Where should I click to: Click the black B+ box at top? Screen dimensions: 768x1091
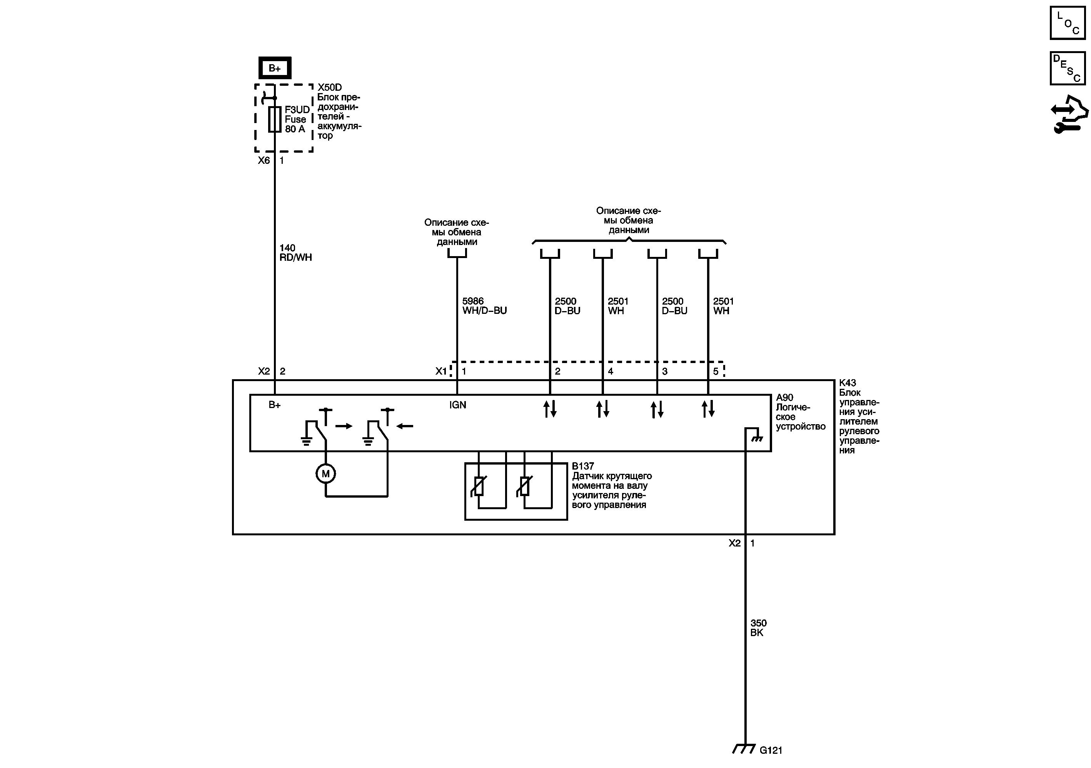275,68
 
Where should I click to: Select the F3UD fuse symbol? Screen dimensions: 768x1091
275,119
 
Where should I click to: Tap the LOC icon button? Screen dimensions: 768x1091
1067,22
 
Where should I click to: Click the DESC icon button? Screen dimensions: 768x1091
1067,68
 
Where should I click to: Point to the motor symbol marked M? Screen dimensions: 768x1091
325,473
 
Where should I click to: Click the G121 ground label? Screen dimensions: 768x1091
771,750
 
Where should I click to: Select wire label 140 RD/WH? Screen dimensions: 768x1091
295,253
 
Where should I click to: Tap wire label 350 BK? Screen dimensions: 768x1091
758,628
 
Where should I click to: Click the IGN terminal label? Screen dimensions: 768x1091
457,405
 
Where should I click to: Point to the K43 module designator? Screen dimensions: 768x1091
847,383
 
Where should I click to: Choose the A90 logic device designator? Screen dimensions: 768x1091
784,398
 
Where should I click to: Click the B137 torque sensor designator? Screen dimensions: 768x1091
582,466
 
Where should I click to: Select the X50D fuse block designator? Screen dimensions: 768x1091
329,87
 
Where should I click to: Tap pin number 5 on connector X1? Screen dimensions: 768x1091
716,372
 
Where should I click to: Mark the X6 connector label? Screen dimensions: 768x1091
264,160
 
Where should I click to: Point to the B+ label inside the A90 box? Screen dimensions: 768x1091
275,405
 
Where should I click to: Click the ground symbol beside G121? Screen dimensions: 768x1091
744,749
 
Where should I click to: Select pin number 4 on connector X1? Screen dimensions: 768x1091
611,372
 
